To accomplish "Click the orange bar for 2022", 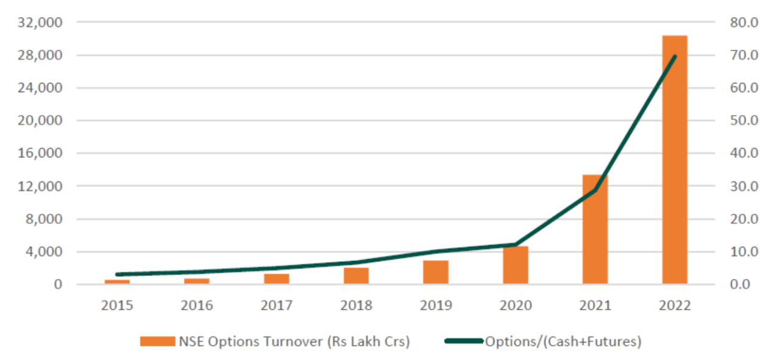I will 675,160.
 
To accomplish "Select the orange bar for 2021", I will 595,230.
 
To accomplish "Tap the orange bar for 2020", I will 516,266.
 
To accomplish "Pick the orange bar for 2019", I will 436,272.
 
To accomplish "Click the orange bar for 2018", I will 356,276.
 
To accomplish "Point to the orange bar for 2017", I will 277,279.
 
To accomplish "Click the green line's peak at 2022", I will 675,56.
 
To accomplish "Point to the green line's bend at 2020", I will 516,245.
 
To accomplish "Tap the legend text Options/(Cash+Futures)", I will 562,342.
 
